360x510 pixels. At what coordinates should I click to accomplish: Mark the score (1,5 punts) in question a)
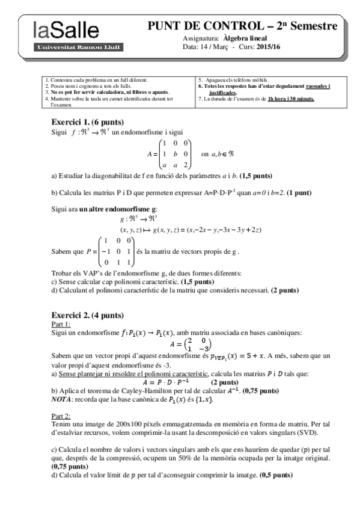point(256,176)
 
